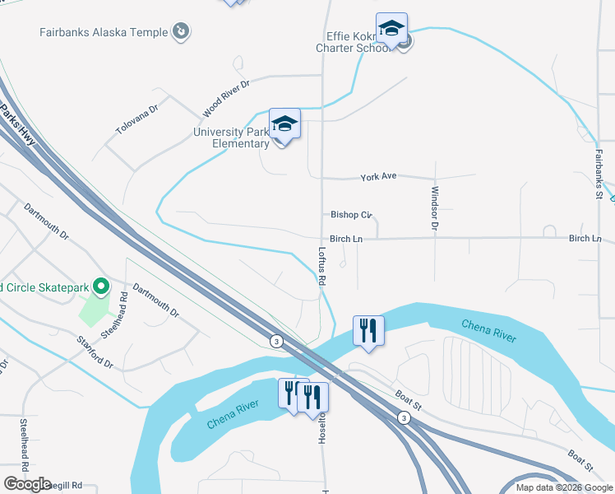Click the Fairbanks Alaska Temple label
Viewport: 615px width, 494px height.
(x=103, y=33)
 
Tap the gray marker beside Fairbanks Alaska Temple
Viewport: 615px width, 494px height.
(x=182, y=32)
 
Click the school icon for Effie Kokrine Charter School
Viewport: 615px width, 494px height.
(x=391, y=30)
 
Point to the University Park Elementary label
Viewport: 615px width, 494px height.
(x=231, y=137)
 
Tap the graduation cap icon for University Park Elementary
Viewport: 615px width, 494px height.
(x=284, y=124)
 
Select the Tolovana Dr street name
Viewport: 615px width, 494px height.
(x=136, y=120)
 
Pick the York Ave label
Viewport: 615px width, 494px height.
(x=379, y=177)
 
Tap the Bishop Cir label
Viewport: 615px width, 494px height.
(x=351, y=215)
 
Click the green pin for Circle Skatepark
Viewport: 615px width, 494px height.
(x=101, y=287)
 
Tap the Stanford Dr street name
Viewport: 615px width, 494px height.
(x=95, y=352)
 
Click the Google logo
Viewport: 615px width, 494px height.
(x=27, y=483)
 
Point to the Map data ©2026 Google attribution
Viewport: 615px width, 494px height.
(x=564, y=487)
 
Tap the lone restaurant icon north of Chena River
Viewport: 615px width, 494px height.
(x=367, y=330)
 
